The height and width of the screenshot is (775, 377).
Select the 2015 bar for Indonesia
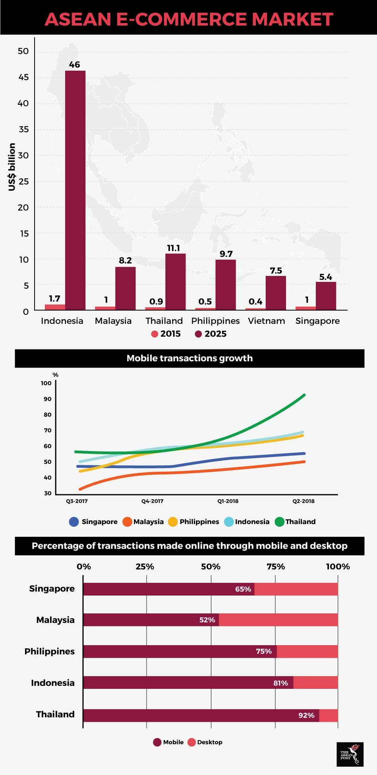coord(55,307)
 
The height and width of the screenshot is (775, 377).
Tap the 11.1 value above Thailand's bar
coord(173,248)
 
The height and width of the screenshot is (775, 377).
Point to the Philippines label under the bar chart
coord(215,321)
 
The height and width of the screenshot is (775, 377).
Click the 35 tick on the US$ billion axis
coord(23,129)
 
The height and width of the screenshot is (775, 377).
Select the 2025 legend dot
coord(198,334)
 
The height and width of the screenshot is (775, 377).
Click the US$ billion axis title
coord(12,167)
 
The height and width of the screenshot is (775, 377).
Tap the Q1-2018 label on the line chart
coord(228,501)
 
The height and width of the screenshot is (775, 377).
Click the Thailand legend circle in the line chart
coord(279,522)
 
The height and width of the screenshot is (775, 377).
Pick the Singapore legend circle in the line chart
coord(74,522)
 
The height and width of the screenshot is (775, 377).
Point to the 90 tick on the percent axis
coord(48,399)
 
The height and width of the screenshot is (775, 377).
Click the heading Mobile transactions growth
coord(189,358)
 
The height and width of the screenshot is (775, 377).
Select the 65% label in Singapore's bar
coord(243,589)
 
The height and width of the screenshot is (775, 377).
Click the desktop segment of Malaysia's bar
coord(278,620)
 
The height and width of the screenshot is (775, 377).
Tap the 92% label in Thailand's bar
coord(306,715)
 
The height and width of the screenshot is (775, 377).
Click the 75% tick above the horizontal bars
coord(276,567)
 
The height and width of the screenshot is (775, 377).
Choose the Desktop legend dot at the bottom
coord(192,742)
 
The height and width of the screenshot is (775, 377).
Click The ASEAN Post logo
coord(350,754)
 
